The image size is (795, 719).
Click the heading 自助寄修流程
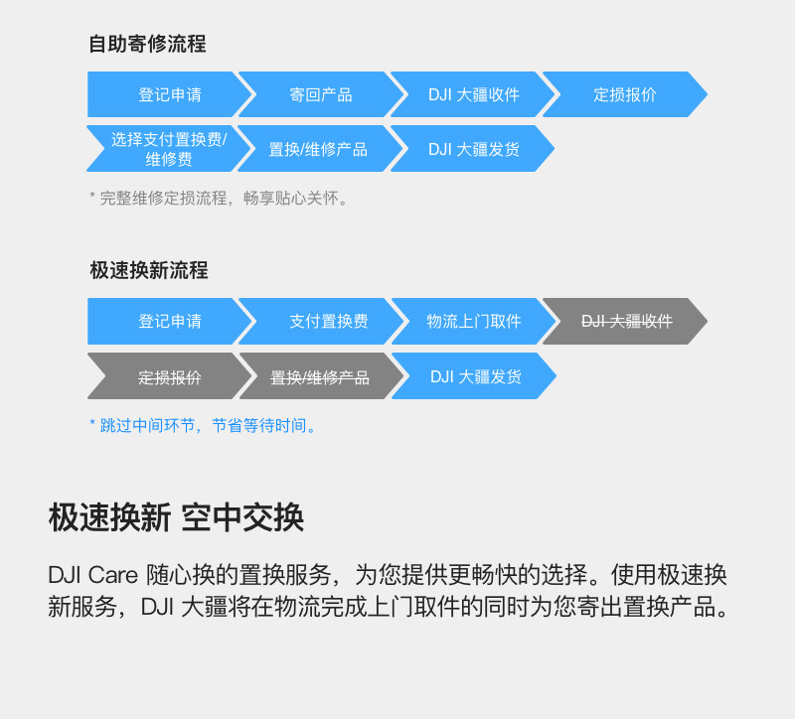(x=147, y=44)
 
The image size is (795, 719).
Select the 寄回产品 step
(x=320, y=95)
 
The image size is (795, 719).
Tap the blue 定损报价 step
(x=624, y=95)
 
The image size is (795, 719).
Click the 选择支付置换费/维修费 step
(x=169, y=149)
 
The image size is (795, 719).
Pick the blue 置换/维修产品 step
(x=318, y=149)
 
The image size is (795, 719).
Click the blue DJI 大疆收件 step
(x=473, y=95)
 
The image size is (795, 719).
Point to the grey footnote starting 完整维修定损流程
(x=221, y=198)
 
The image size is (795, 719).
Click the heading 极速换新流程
(x=149, y=270)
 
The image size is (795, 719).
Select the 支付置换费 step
(x=328, y=322)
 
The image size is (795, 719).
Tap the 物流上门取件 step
(x=473, y=322)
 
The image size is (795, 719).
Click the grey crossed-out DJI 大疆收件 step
(x=626, y=322)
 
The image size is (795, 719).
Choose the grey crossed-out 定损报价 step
(x=169, y=377)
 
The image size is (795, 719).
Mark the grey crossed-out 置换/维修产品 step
(x=319, y=377)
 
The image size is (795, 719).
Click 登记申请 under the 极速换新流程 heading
(x=169, y=322)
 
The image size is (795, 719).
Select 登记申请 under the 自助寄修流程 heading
(x=169, y=95)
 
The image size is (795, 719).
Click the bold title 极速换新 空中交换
(x=176, y=517)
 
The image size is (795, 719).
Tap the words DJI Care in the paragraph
(x=93, y=575)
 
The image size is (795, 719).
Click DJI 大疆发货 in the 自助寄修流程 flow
(x=473, y=149)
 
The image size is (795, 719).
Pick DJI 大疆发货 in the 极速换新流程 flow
(x=475, y=377)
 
